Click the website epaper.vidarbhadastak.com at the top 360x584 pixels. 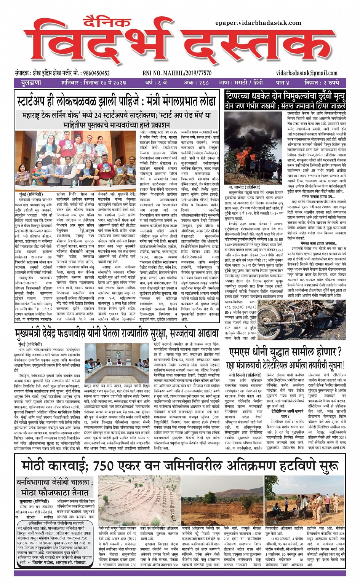point(258,23)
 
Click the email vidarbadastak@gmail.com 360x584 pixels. point(307,73)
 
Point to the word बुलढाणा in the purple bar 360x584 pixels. point(32,83)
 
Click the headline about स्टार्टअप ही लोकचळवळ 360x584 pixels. point(117,102)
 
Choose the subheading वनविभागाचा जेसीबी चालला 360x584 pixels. point(55,482)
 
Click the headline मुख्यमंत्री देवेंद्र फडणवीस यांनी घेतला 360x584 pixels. point(117,334)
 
